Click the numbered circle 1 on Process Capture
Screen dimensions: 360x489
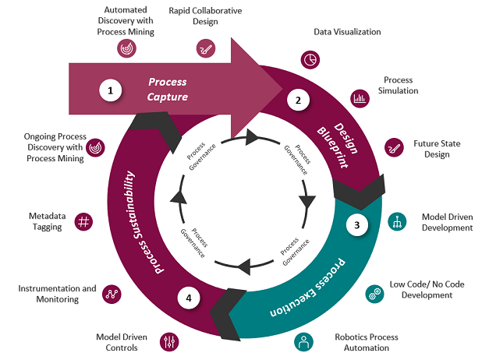[x=111, y=90]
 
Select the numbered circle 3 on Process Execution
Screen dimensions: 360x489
[x=357, y=226]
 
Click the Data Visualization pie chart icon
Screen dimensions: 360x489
[x=309, y=60]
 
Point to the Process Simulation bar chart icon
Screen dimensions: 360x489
[x=360, y=98]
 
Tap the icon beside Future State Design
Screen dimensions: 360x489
[x=394, y=146]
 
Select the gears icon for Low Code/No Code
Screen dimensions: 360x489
[x=374, y=294]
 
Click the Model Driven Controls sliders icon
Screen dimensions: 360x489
[x=168, y=341]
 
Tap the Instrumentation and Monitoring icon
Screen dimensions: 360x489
[x=112, y=294]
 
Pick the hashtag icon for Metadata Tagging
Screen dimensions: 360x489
[x=84, y=222]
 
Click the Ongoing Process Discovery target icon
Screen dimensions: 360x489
[x=95, y=146]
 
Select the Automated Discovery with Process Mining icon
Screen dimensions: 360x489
[x=126, y=48]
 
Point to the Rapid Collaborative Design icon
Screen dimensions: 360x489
[x=205, y=48]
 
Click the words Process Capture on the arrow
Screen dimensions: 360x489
[x=168, y=89]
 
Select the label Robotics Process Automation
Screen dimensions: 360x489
[x=366, y=342]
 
